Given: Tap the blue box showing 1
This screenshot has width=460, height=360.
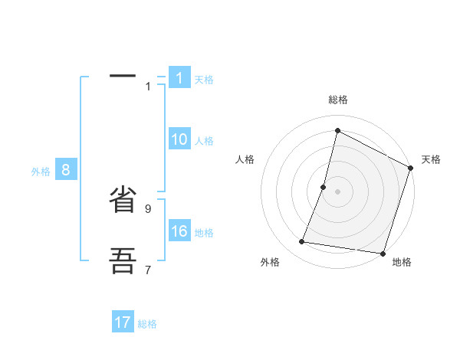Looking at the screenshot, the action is tap(179, 78).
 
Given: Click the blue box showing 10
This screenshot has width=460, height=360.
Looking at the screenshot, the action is tap(179, 139).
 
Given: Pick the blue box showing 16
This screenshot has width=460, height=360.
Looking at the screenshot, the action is tap(179, 231).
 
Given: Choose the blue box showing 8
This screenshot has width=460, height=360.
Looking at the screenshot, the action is tap(66, 170).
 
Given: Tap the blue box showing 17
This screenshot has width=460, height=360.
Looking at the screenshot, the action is tap(123, 322).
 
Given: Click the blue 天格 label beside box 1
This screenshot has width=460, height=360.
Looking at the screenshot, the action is tap(204, 80).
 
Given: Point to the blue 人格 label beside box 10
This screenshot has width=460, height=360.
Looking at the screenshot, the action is tap(204, 141).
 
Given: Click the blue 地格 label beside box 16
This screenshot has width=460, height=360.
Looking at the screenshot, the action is tap(204, 233).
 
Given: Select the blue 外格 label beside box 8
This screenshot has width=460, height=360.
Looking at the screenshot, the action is tap(41, 172).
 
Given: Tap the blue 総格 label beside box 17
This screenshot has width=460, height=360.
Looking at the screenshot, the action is tap(147, 324).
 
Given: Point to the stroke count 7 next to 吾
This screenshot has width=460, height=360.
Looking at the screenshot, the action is tap(148, 270).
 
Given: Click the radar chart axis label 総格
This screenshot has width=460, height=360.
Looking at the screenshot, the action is tap(338, 100).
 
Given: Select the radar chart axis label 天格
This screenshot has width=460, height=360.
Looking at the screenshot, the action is tap(432, 159).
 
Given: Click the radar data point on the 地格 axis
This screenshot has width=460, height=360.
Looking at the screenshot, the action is tap(383, 253).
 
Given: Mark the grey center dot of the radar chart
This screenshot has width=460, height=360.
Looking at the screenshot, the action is tap(337, 191).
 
